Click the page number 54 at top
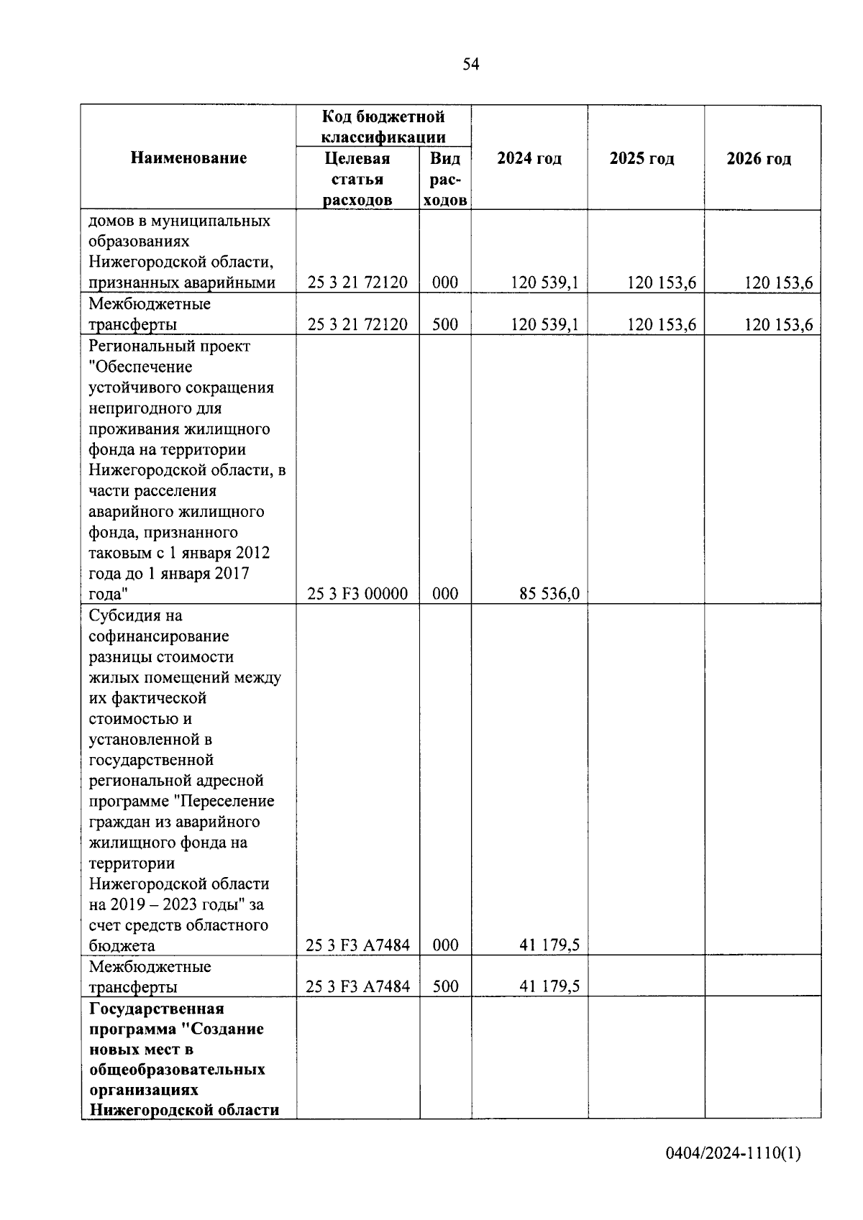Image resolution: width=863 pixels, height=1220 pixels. pyautogui.click(x=470, y=65)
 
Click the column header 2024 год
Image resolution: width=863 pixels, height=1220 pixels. pyautogui.click(x=529, y=159)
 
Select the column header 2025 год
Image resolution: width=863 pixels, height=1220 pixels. pyautogui.click(x=641, y=159)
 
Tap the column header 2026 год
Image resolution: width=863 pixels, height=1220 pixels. pyautogui.click(x=759, y=159)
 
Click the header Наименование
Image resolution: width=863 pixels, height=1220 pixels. pyautogui.click(x=188, y=158)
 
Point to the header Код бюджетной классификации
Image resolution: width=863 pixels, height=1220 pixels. pyautogui.click(x=383, y=127)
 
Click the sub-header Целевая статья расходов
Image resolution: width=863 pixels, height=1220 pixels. pyautogui.click(x=357, y=179)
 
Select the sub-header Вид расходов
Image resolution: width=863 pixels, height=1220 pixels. pyautogui.click(x=445, y=179)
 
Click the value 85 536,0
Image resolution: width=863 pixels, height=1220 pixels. pyautogui.click(x=549, y=595)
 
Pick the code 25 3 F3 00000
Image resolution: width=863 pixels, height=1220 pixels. pyautogui.click(x=357, y=595)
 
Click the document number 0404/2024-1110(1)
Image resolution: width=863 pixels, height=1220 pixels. pyautogui.click(x=732, y=1154)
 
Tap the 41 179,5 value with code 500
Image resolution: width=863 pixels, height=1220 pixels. pyautogui.click(x=549, y=987)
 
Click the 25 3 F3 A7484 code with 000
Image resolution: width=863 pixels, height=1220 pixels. pyautogui.click(x=357, y=945)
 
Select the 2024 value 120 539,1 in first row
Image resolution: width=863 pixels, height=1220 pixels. pyautogui.click(x=544, y=283)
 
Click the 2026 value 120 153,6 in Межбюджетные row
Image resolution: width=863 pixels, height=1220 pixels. pyautogui.click(x=778, y=325)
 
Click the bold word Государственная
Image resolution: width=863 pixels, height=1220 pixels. pyautogui.click(x=157, y=1008)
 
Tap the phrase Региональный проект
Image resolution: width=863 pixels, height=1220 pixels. pyautogui.click(x=169, y=346)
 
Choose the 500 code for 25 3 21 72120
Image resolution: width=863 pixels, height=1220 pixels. pyautogui.click(x=445, y=325)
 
